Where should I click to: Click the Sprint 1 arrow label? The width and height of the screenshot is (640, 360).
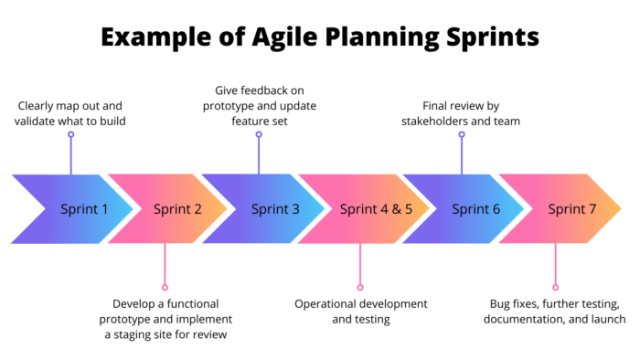pos(84,209)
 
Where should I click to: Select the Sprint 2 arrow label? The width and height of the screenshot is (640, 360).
pos(177,209)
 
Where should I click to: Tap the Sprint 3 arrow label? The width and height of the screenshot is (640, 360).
pos(275,209)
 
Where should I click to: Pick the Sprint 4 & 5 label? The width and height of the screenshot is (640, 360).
pos(377,209)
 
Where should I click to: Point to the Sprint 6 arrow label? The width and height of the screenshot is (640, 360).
pos(476,209)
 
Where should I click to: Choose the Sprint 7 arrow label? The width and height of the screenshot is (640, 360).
pos(572,209)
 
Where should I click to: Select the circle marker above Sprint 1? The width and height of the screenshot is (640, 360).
pos(70,134)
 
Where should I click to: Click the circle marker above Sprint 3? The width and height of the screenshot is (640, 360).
pos(259,134)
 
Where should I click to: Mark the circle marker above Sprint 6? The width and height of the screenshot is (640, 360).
pos(462,134)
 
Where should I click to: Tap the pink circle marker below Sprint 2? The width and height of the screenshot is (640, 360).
pos(165,286)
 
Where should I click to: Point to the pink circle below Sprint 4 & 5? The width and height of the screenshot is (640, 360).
pos(360,286)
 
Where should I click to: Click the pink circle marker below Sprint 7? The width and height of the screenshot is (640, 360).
pos(555,286)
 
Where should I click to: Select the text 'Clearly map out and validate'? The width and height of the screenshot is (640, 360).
pos(70,113)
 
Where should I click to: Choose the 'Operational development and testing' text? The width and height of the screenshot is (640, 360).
pos(360,312)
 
